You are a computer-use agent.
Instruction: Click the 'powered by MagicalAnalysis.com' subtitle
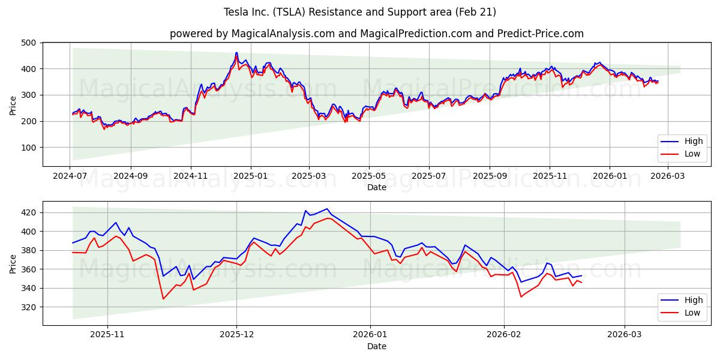click(x=376, y=34)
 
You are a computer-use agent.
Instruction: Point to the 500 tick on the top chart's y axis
click(x=28, y=43)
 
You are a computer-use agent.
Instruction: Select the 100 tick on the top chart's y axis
click(x=28, y=148)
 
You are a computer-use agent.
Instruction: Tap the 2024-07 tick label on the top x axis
click(x=70, y=176)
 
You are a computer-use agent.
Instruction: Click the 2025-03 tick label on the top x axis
click(x=309, y=176)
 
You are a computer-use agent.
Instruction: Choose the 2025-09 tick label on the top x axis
click(x=490, y=176)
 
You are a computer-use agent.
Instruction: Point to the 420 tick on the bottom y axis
click(x=28, y=213)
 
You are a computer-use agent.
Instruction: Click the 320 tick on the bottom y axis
click(x=28, y=307)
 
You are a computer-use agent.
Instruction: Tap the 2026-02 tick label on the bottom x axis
click(x=504, y=335)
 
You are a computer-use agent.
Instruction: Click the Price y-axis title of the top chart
click(x=13, y=105)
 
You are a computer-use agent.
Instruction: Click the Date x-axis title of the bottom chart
click(x=376, y=346)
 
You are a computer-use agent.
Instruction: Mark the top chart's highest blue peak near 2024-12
click(x=236, y=53)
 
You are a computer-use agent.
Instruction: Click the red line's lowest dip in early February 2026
click(x=521, y=296)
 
